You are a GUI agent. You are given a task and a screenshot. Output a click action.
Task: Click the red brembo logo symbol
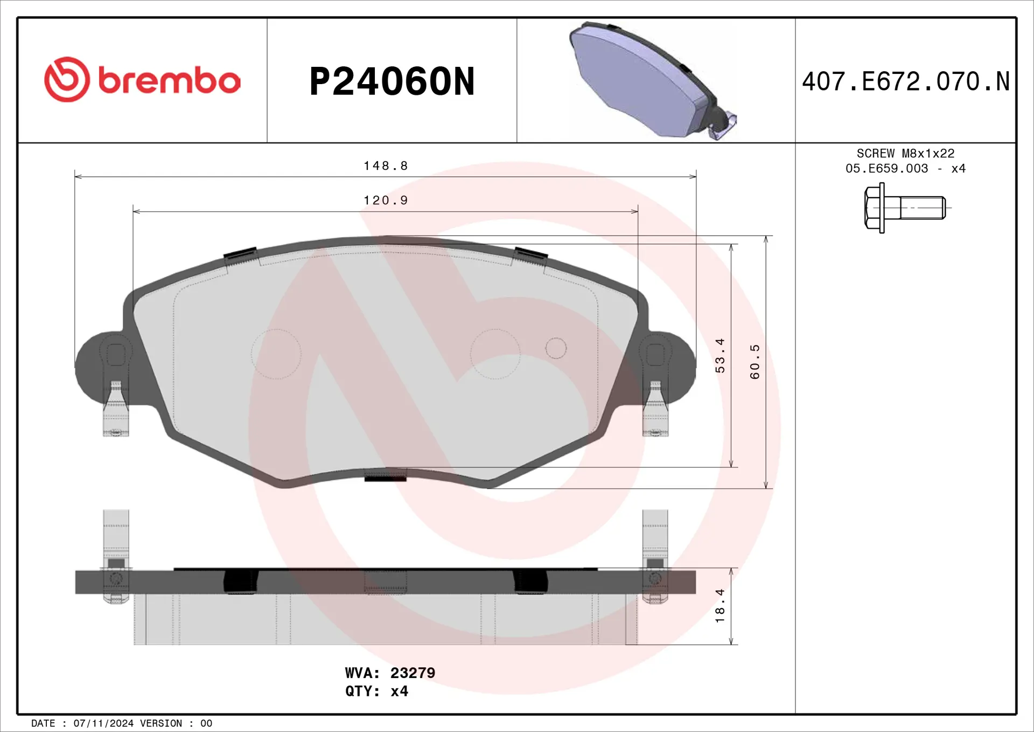(x=67, y=80)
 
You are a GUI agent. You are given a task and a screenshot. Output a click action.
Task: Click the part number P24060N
(x=392, y=82)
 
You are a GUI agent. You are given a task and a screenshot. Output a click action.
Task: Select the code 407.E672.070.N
(x=905, y=82)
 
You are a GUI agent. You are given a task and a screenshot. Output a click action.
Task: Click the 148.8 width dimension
(x=386, y=166)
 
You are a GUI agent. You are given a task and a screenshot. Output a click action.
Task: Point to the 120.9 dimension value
(x=386, y=201)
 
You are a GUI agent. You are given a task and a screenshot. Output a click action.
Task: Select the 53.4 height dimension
(x=720, y=356)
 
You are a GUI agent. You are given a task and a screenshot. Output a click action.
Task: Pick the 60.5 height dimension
(x=755, y=362)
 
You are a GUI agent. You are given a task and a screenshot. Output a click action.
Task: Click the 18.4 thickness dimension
(x=720, y=606)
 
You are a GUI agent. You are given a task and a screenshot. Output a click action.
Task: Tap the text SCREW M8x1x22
(x=905, y=154)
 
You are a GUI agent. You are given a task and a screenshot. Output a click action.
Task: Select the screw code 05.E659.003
(x=886, y=169)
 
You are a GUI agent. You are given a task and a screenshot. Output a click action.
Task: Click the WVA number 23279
(x=413, y=673)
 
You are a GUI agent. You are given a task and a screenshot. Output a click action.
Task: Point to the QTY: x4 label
(x=376, y=691)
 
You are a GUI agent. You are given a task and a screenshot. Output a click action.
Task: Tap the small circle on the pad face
(x=556, y=348)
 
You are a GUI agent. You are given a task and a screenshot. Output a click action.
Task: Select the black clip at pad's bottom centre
(x=386, y=477)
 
